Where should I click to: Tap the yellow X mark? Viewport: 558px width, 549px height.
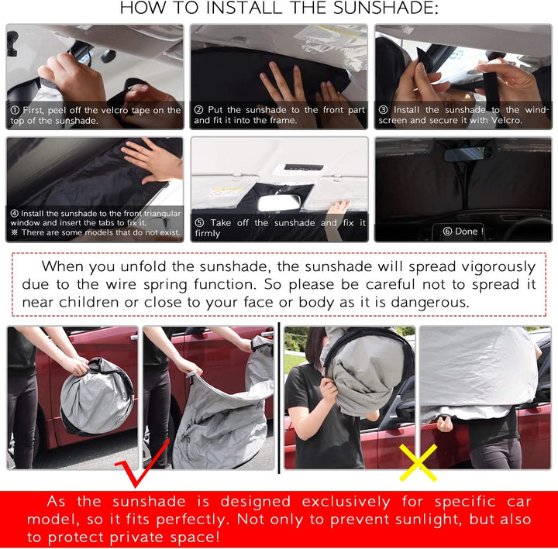(x=417, y=462)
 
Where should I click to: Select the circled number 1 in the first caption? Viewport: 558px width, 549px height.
(x=14, y=110)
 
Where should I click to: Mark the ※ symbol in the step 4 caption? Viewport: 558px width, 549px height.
(x=14, y=232)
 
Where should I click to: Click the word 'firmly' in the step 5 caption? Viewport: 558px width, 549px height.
(x=208, y=233)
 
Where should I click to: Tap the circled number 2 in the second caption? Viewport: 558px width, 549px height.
(x=198, y=110)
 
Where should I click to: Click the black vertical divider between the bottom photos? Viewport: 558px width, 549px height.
(x=278, y=399)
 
